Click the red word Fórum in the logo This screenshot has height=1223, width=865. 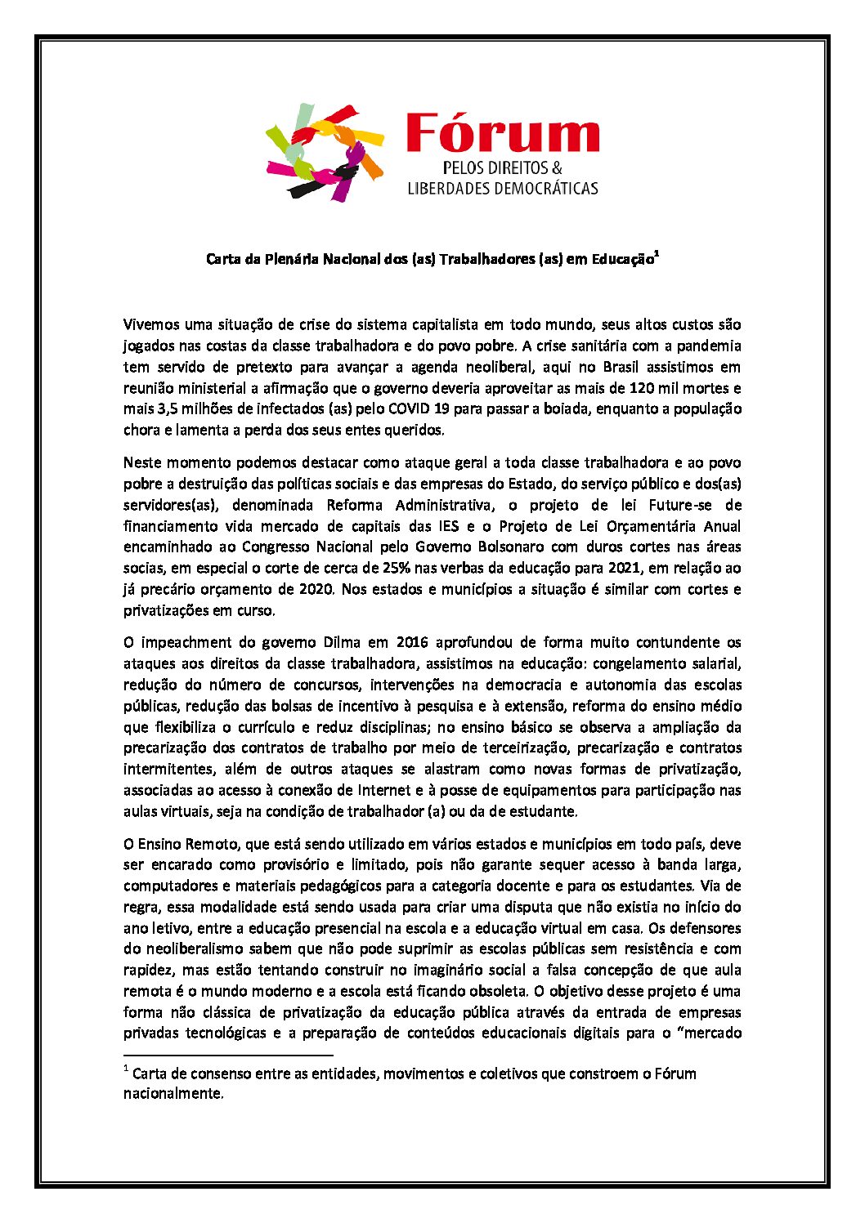tap(502, 133)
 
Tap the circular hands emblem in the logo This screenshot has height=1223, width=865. tap(325, 152)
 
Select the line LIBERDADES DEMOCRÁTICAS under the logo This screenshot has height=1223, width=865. tap(503, 188)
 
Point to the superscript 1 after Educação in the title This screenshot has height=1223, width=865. tap(657, 255)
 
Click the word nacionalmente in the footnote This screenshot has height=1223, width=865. tap(173, 1094)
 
